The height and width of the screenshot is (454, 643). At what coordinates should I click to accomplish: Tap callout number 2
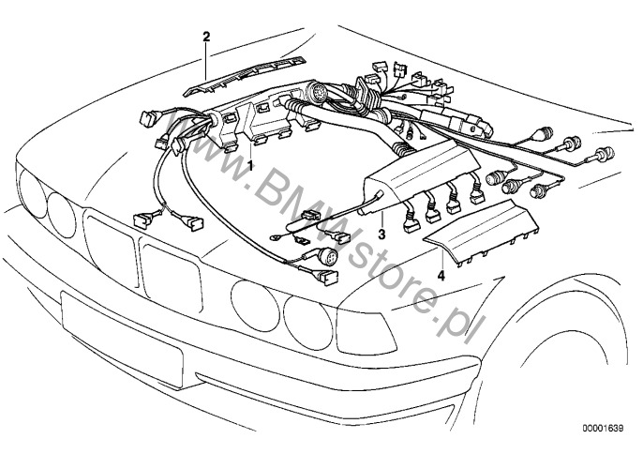(206, 37)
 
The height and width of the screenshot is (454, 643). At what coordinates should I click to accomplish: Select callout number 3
(382, 230)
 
